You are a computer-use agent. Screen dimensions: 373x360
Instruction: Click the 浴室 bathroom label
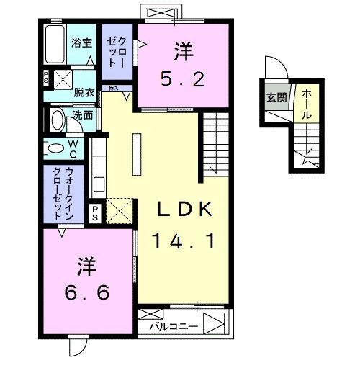[x=81, y=42]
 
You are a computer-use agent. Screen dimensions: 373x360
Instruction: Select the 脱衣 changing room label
[x=85, y=91]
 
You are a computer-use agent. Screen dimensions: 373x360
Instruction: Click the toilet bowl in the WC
[x=55, y=148]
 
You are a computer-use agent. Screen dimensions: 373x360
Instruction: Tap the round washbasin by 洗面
[x=57, y=119]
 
